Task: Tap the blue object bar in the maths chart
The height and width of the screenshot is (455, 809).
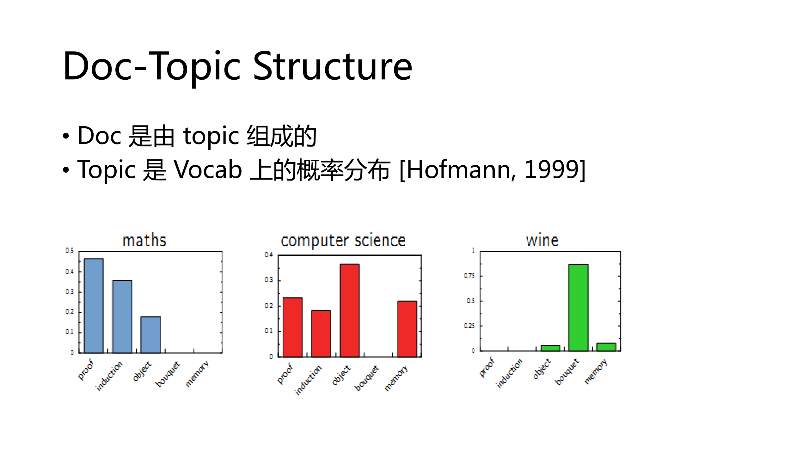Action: coord(150,334)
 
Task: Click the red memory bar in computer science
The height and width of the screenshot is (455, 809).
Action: coord(407,329)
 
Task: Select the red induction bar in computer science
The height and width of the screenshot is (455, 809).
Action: coord(321,333)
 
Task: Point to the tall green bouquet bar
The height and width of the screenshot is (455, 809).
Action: coord(578,307)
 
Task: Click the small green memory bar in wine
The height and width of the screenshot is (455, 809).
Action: coord(606,347)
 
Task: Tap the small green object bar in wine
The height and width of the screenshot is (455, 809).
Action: coord(550,348)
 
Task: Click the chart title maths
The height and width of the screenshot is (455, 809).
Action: coord(144,240)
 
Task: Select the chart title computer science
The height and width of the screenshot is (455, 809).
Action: coord(343,240)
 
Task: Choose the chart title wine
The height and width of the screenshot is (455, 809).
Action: coord(542,240)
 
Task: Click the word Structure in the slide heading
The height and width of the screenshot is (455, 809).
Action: coord(333,66)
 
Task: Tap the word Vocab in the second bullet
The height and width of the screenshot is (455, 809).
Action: coord(208,170)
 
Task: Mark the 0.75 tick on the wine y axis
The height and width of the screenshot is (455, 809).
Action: coord(469,275)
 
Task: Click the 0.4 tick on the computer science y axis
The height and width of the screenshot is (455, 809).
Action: coord(269,254)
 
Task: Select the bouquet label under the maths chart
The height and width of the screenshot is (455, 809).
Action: coord(167,374)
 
